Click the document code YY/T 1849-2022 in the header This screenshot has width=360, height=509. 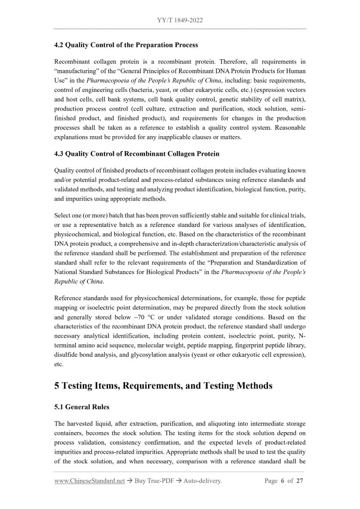180,20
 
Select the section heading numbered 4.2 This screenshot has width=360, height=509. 126,45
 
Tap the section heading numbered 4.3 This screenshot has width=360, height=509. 137,154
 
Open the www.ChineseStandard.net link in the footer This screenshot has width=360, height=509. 89,481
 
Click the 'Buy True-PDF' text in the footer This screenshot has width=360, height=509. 150,481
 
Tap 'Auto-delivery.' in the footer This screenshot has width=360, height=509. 201,481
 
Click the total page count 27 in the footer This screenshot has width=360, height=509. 299,481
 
